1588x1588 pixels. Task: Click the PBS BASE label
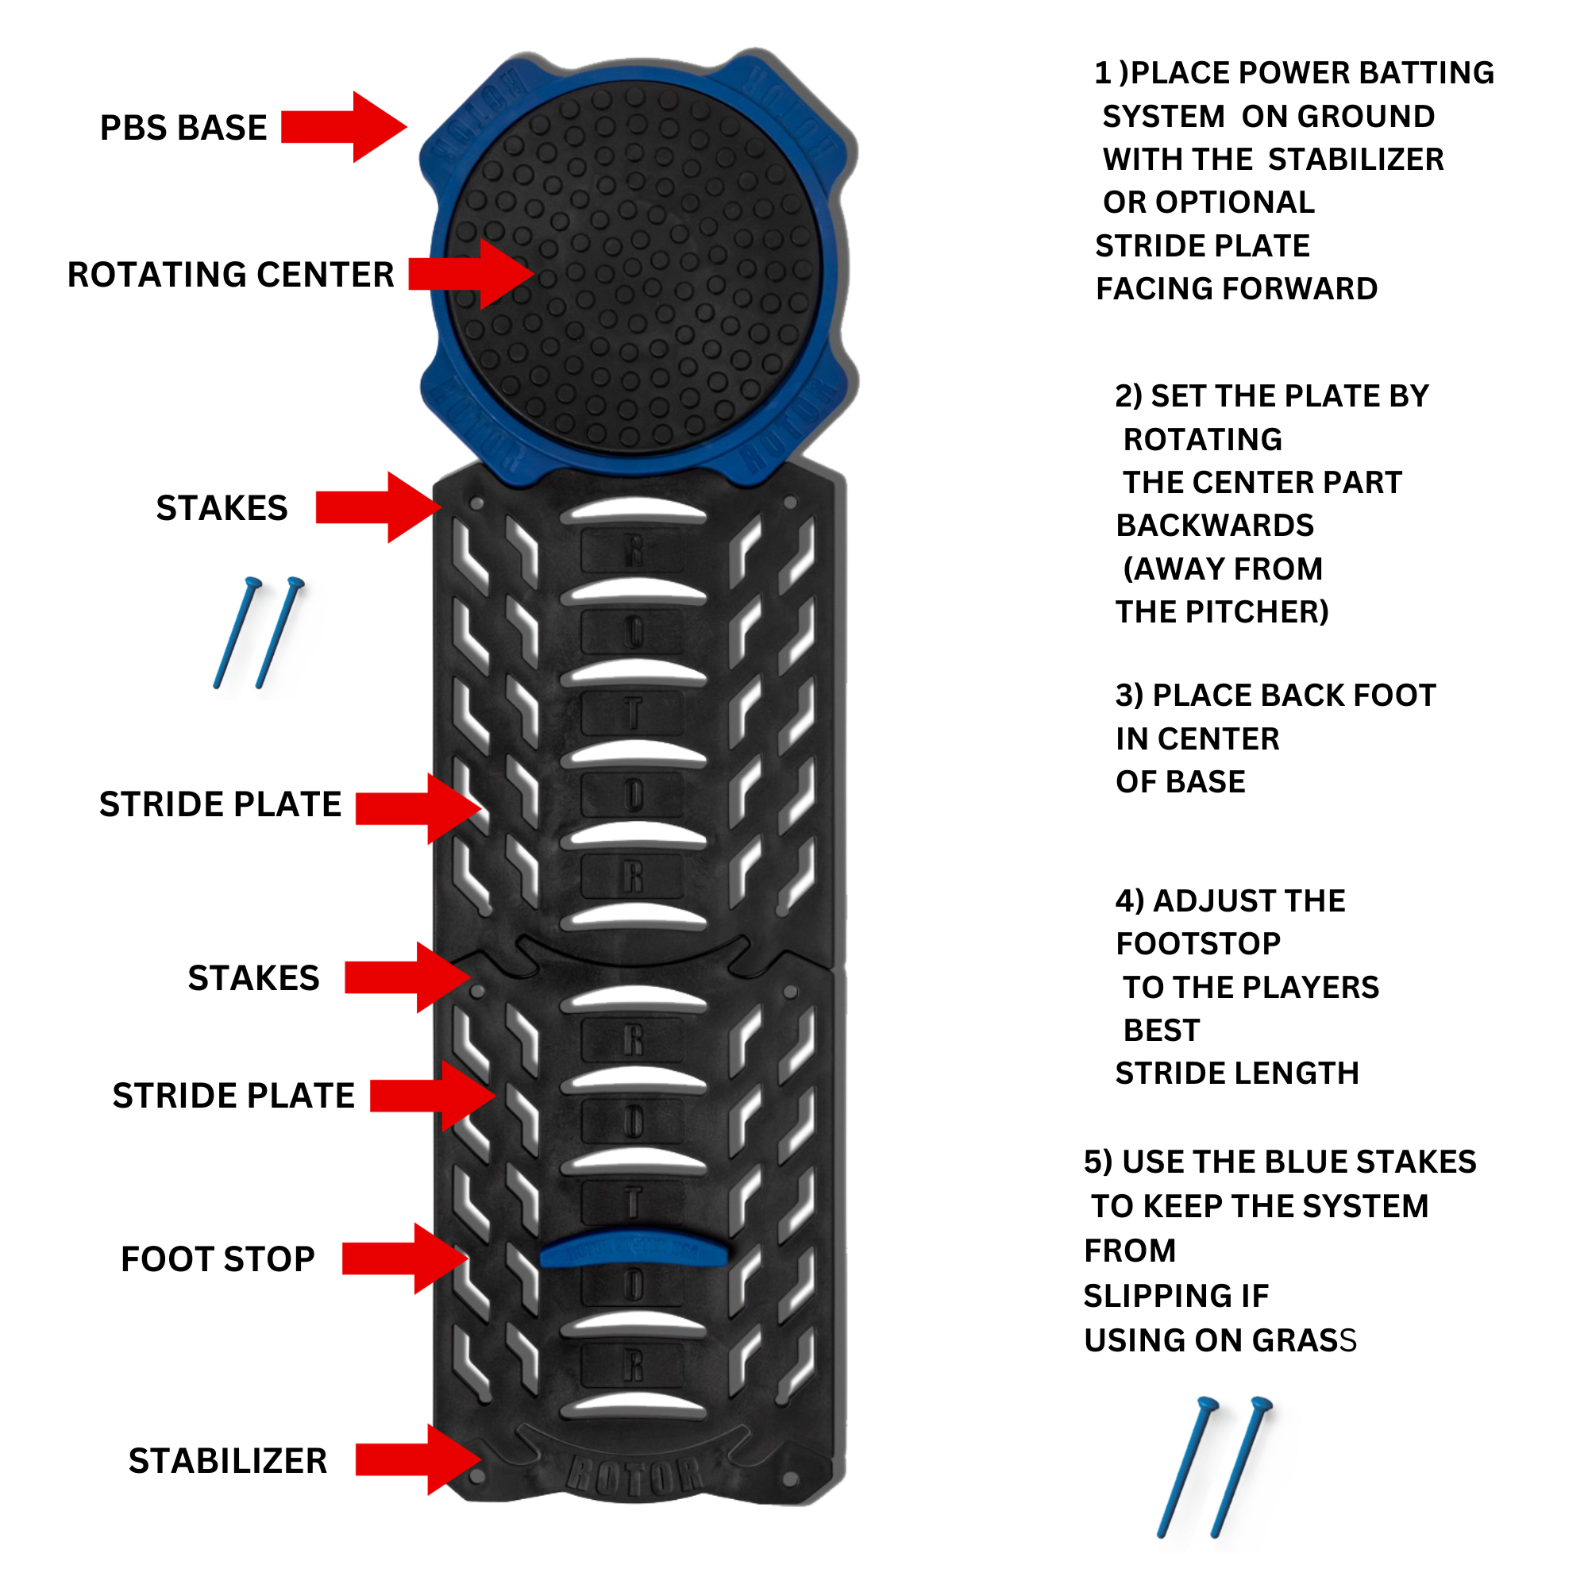(x=183, y=128)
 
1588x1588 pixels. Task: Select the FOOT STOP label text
(x=218, y=1259)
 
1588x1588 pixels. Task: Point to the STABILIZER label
(x=228, y=1461)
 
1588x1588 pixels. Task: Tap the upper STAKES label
(x=222, y=508)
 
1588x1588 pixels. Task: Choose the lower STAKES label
(x=253, y=978)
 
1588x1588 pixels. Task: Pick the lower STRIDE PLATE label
(x=233, y=1096)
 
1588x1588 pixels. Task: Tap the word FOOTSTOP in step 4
(x=1197, y=943)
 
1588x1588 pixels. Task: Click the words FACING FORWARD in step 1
(x=1236, y=288)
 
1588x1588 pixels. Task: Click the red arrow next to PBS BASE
(x=343, y=126)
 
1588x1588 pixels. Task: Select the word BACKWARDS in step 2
(x=1214, y=525)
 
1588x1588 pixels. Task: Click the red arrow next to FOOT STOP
(x=403, y=1258)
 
